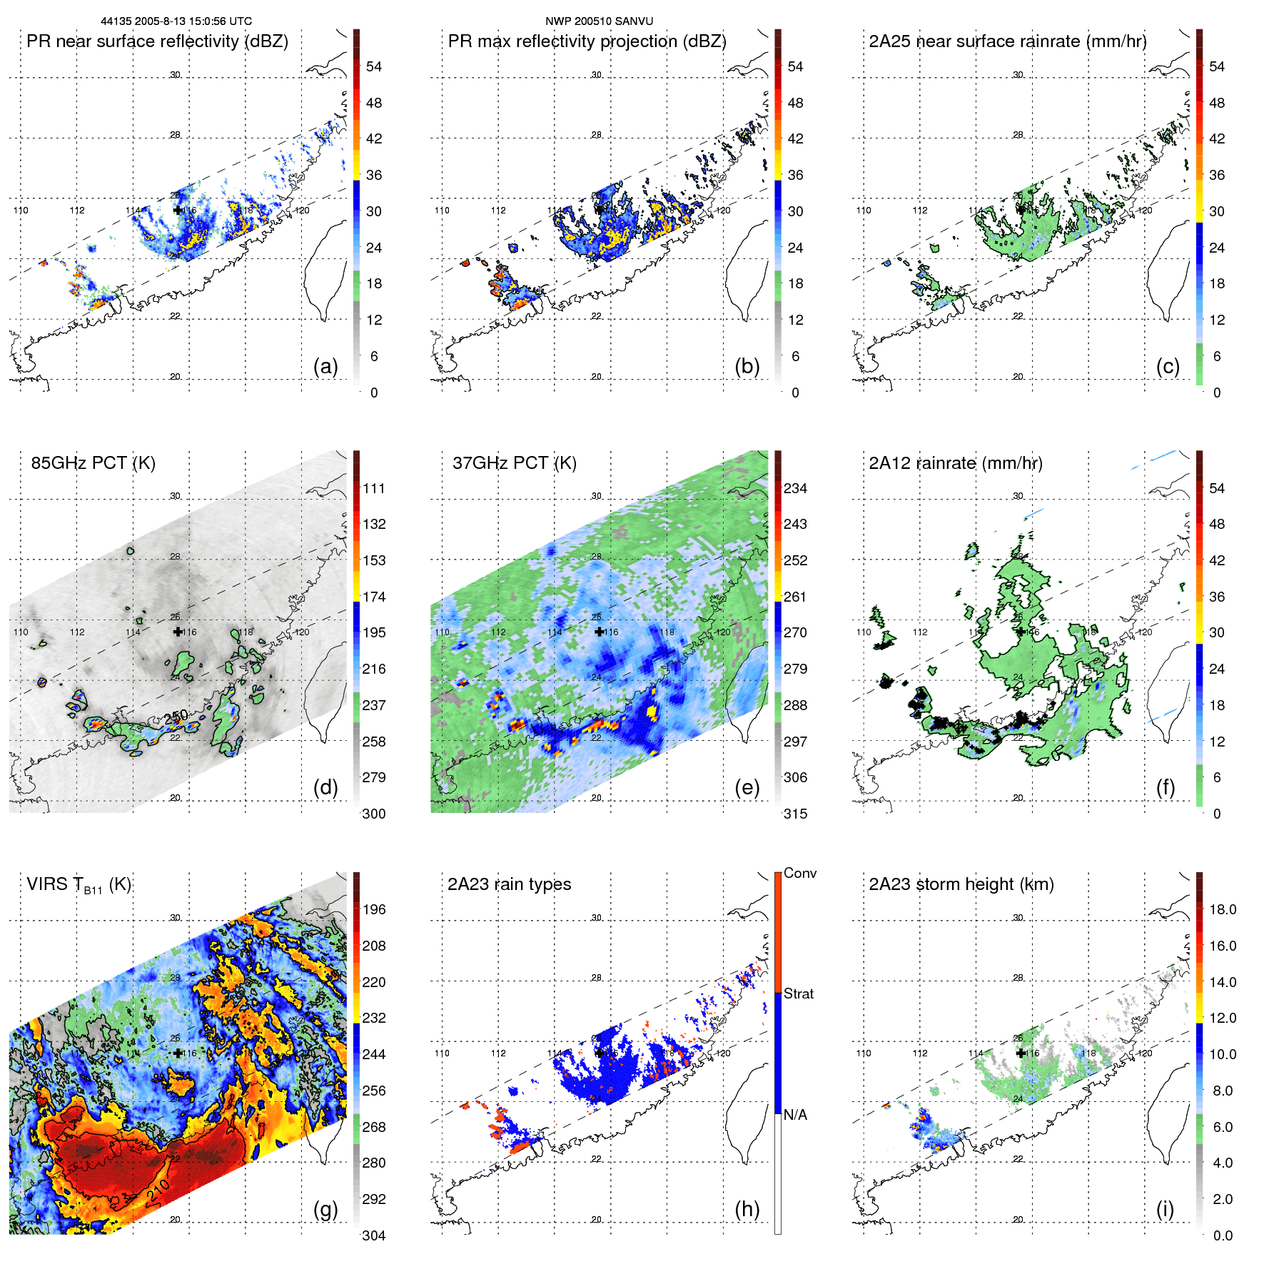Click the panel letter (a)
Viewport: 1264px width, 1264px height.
325,366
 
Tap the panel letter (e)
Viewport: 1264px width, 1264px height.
747,787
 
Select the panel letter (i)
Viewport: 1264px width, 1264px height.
1165,1209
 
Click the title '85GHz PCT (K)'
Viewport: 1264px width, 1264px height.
93,462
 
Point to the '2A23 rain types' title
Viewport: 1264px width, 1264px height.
509,884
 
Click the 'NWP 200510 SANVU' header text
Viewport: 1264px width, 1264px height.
599,21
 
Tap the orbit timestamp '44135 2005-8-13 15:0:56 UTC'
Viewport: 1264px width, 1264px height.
176,21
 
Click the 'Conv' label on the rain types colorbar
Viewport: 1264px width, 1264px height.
799,873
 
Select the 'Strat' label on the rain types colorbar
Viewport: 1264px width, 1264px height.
798,993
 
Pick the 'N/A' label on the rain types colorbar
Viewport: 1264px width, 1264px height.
795,1115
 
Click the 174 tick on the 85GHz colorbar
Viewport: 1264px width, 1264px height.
374,597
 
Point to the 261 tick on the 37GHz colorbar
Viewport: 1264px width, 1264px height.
795,597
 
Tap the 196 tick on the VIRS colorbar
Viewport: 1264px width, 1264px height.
374,909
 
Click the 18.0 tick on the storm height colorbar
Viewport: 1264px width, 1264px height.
1222,909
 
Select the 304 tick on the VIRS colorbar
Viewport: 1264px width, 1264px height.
374,1235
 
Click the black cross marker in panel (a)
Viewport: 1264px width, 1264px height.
178,211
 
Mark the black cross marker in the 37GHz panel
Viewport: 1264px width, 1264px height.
599,632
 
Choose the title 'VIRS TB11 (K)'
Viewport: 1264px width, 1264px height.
79,885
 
